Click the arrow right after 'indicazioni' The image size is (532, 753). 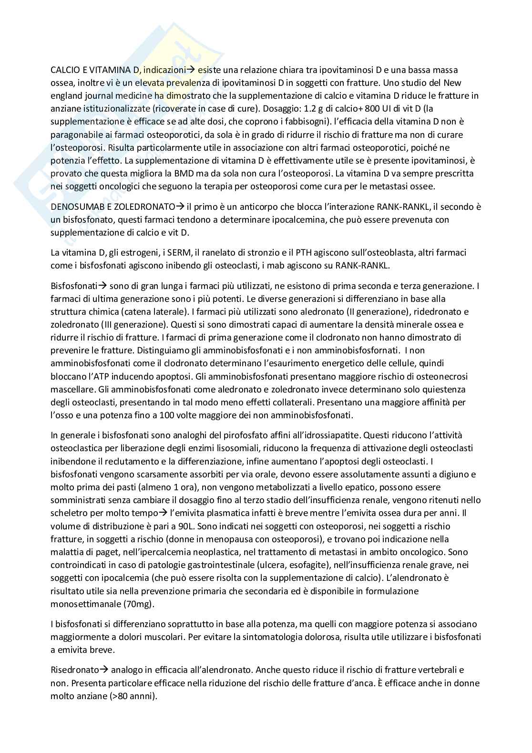pyautogui.click(x=191, y=70)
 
